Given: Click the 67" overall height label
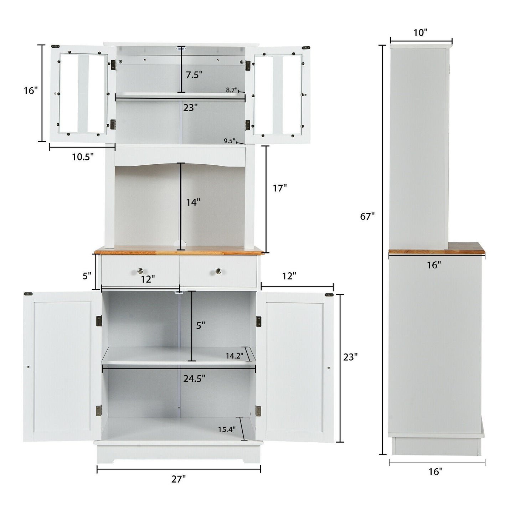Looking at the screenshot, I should [x=367, y=216].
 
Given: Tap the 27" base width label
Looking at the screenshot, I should [x=179, y=479].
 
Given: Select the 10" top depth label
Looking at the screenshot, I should [x=420, y=33].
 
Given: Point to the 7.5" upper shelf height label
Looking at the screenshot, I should [x=194, y=75].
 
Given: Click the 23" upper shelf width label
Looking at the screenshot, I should [x=190, y=107].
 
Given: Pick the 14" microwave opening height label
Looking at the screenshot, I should [x=193, y=202].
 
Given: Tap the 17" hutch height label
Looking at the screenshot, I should [x=280, y=188].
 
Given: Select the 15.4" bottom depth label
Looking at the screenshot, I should [x=227, y=429].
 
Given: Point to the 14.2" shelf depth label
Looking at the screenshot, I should [x=235, y=355].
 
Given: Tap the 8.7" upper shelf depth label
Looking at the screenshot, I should [x=232, y=90].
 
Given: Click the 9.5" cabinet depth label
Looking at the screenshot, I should [x=230, y=141].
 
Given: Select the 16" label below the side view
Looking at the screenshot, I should [x=436, y=472].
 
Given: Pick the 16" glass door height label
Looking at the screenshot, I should [x=31, y=91].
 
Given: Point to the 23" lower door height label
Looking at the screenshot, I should [x=350, y=357].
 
